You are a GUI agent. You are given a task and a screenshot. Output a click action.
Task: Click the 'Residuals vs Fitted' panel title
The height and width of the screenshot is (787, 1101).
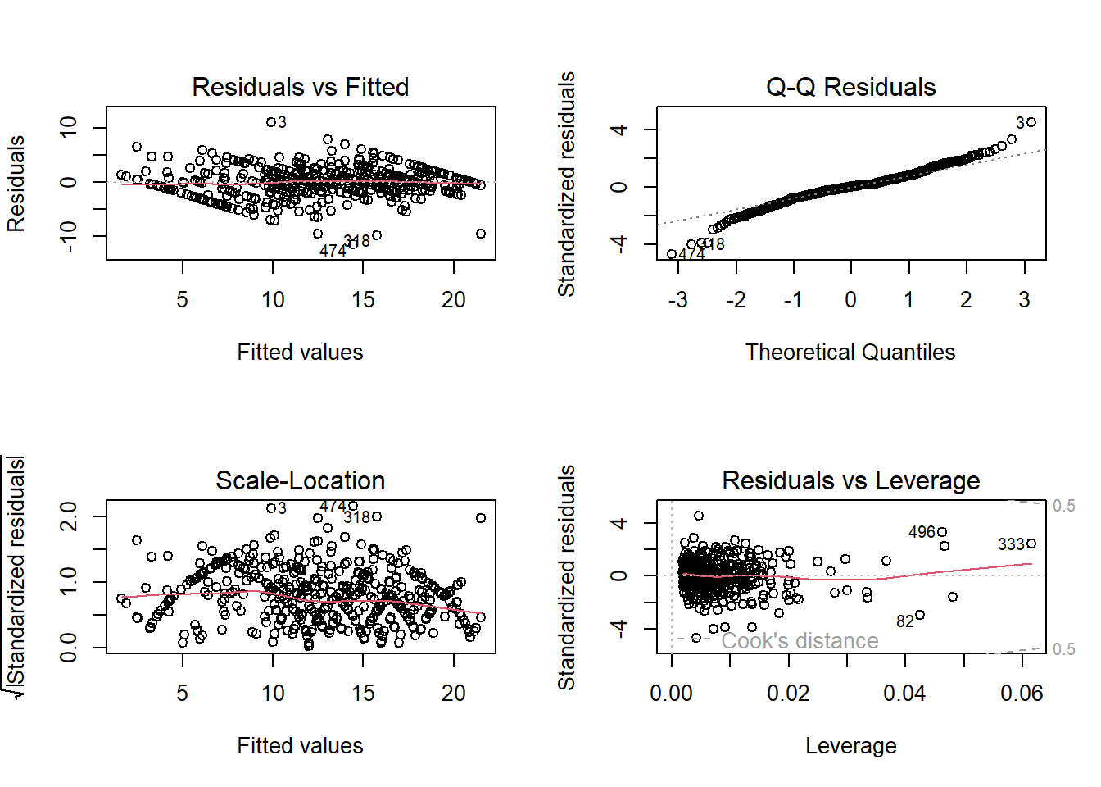point(300,87)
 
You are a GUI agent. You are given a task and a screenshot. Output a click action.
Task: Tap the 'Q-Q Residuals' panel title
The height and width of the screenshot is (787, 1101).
point(850,87)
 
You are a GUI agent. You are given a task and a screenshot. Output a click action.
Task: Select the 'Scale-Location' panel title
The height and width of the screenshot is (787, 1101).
point(300,480)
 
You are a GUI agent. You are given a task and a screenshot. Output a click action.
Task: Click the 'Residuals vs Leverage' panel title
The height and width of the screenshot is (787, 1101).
point(850,480)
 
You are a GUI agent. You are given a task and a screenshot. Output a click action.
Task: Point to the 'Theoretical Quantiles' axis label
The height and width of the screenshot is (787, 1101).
point(850,353)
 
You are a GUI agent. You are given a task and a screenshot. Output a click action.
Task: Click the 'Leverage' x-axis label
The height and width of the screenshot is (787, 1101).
point(850,746)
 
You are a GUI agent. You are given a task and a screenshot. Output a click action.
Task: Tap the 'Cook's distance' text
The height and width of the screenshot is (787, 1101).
point(800,641)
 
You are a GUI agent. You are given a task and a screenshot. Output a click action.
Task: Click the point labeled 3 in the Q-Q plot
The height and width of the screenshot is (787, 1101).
point(1031,122)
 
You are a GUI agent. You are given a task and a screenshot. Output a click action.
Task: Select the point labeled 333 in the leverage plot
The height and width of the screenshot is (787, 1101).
point(1031,544)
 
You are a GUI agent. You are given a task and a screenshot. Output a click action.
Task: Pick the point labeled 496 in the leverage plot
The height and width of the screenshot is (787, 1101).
point(942,532)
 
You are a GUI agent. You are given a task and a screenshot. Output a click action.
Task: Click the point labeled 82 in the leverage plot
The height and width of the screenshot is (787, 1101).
point(920,615)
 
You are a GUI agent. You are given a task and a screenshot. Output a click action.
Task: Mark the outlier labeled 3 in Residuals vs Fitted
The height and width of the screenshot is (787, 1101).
point(271,122)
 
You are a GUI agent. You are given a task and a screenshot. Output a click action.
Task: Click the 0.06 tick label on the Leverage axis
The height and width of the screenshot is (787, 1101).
point(1022,694)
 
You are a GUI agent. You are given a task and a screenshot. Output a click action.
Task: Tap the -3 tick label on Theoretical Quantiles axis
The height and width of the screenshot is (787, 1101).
point(677,300)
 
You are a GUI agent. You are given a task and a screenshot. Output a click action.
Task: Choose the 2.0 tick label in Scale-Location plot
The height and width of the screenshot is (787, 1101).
point(69,516)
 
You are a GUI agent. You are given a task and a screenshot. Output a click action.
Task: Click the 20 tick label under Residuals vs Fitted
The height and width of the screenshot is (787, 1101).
point(454,300)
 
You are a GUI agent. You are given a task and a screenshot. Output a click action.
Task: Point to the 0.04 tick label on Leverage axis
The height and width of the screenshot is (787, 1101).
point(904,694)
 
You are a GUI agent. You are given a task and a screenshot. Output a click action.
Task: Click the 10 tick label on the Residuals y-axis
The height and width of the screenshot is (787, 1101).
point(69,127)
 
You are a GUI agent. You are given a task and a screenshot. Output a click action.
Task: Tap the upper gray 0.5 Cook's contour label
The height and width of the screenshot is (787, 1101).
point(1063,506)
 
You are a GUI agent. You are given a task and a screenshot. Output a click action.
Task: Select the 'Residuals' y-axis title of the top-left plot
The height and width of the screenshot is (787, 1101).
point(16,184)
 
